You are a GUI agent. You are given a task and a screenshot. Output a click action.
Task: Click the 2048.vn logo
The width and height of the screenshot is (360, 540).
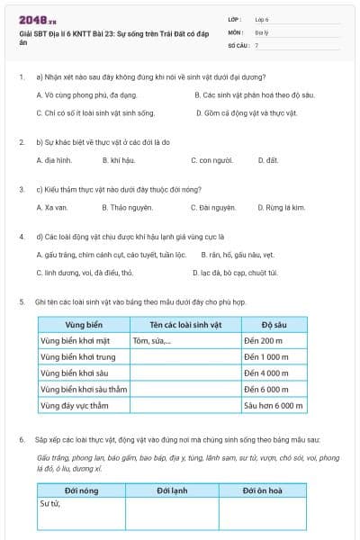pyautogui.click(x=37, y=18)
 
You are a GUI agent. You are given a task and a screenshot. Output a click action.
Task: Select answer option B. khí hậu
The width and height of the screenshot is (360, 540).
pyautogui.click(x=119, y=159)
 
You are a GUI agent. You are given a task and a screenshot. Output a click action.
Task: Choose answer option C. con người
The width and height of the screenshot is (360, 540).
pyautogui.click(x=213, y=159)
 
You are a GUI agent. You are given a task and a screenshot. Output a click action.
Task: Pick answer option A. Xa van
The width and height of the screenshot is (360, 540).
pyautogui.click(x=52, y=207)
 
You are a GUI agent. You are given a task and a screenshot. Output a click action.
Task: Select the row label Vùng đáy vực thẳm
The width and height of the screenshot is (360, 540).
pyautogui.click(x=80, y=406)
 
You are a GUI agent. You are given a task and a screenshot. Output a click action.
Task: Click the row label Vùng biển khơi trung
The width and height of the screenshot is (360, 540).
pyautogui.click(x=81, y=357)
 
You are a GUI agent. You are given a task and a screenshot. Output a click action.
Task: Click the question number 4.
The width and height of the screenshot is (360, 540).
pyautogui.click(x=21, y=237)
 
